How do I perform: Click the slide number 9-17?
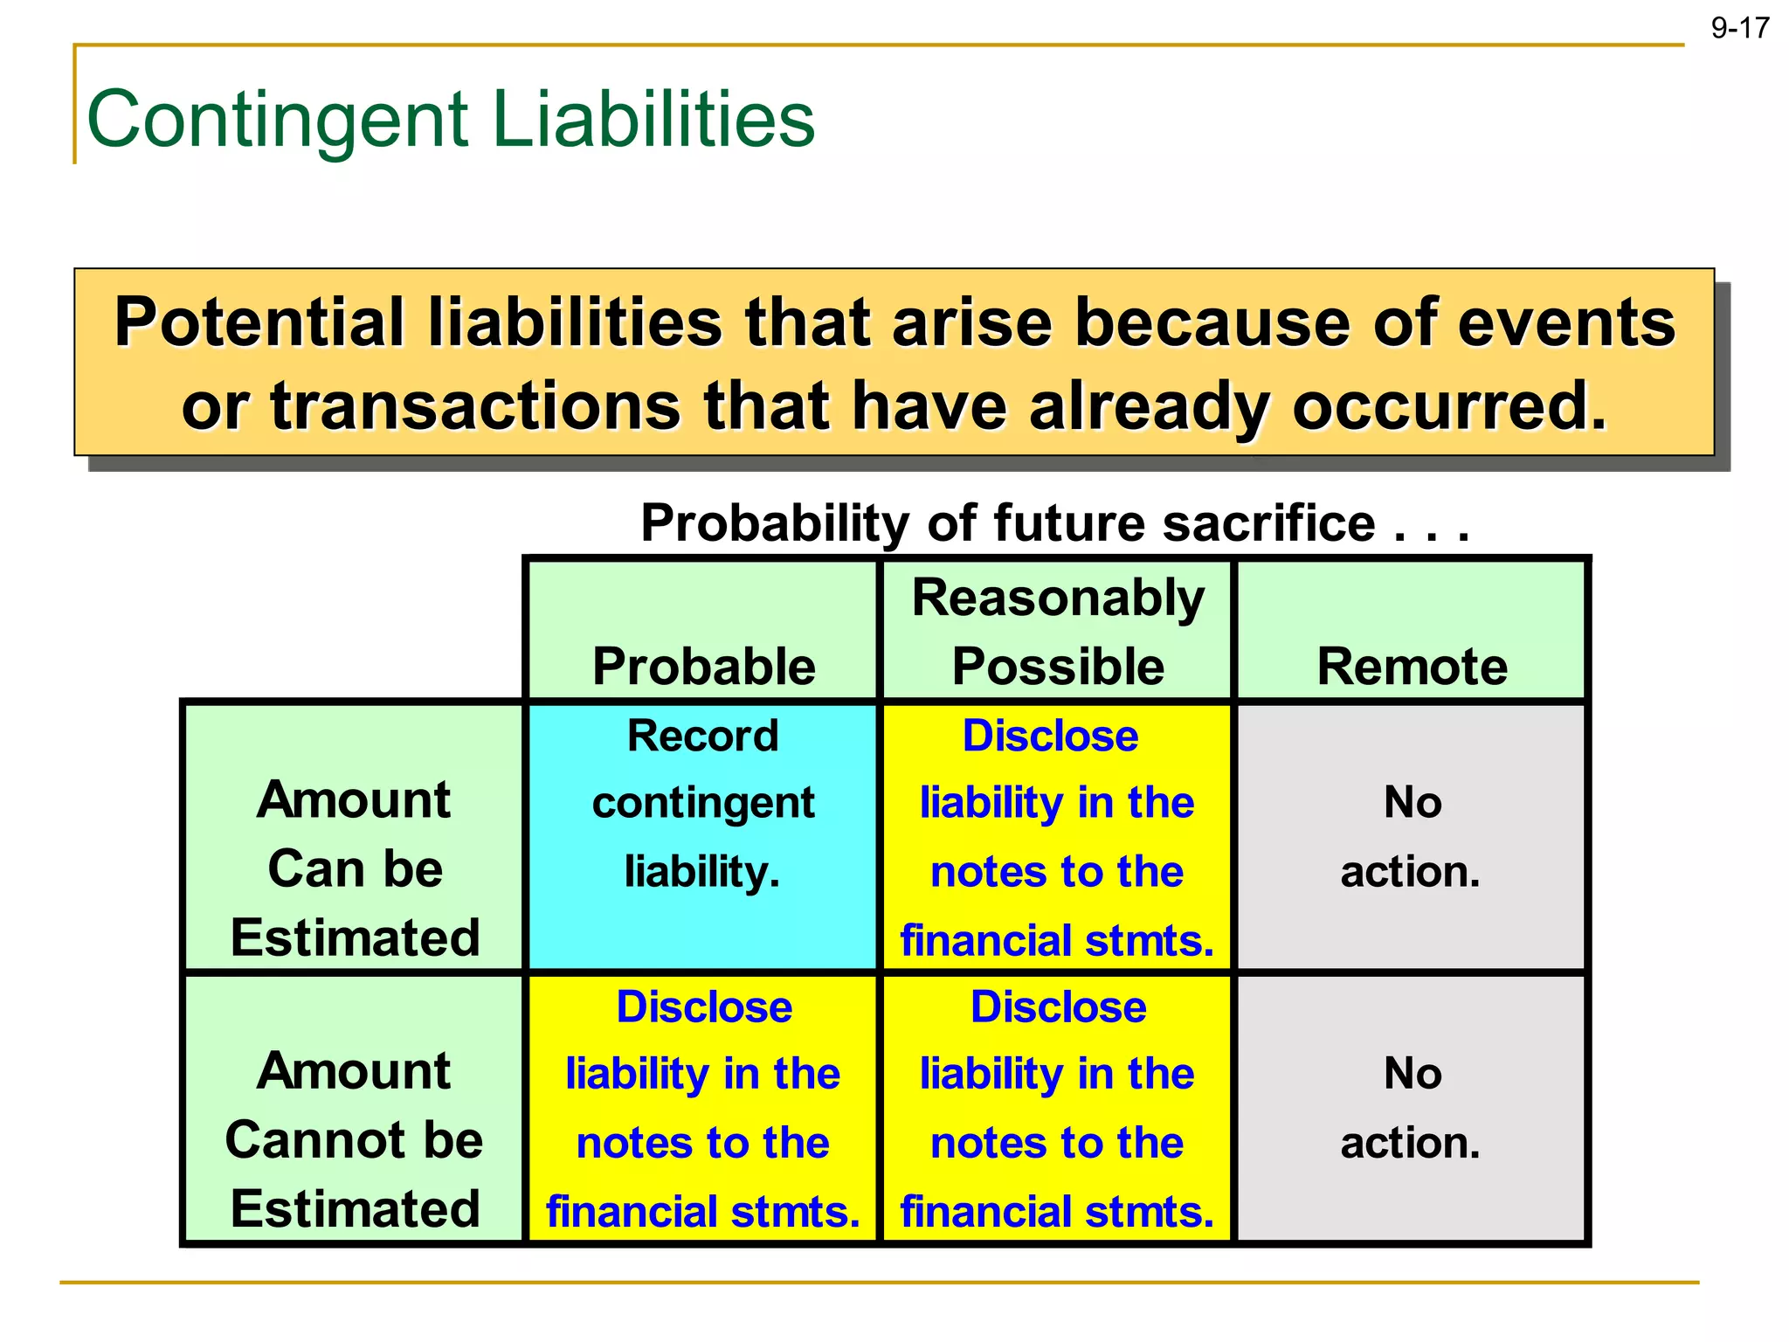coord(1739,28)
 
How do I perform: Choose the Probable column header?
coord(703,666)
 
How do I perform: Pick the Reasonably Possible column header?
coord(1057,632)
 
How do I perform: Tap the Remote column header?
coord(1412,666)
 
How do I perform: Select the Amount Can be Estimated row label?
coord(355,868)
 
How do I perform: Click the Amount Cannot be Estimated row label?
coord(354,1139)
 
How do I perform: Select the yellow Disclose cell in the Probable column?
coord(703,1108)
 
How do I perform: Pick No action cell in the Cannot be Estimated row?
coord(1411,1108)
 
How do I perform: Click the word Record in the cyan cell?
coord(702,736)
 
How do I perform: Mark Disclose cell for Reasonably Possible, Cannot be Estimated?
coord(1057,1108)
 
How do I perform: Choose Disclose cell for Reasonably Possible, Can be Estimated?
coord(1057,836)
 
